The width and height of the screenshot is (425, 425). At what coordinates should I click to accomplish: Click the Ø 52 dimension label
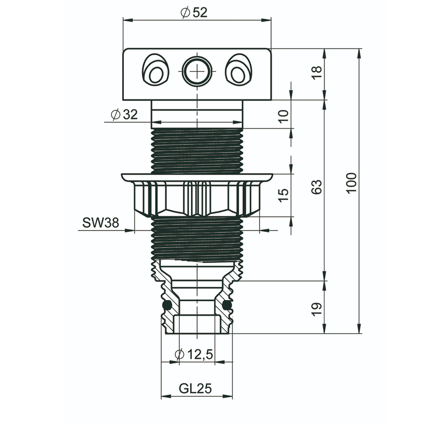194,12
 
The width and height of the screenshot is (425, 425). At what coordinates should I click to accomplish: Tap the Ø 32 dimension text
124,114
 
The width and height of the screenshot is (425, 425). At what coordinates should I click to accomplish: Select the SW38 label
100,223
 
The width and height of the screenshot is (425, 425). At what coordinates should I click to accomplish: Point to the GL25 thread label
195,388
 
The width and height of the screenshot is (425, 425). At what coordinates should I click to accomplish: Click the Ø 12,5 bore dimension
194,354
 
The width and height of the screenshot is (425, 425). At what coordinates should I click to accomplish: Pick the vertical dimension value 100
352,183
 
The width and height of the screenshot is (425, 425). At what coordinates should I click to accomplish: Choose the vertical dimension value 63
317,187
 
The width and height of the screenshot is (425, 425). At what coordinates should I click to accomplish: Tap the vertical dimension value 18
317,72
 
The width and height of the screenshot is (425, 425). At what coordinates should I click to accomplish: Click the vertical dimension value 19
317,309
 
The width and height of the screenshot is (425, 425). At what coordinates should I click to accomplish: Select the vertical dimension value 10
284,116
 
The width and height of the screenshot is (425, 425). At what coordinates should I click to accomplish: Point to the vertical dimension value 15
284,195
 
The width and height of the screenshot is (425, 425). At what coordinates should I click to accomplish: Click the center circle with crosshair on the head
197,71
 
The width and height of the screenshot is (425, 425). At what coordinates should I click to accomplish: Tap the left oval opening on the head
156,70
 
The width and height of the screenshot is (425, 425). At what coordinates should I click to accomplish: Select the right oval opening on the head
239,70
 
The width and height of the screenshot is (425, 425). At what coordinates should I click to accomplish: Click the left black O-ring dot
167,305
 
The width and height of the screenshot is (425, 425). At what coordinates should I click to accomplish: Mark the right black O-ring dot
227,305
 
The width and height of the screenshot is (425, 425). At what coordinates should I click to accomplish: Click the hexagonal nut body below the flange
197,199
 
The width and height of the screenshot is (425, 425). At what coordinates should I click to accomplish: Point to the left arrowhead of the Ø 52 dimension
128,20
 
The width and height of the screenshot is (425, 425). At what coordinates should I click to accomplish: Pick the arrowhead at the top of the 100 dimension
360,54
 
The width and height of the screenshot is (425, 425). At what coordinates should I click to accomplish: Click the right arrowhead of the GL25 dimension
227,396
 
